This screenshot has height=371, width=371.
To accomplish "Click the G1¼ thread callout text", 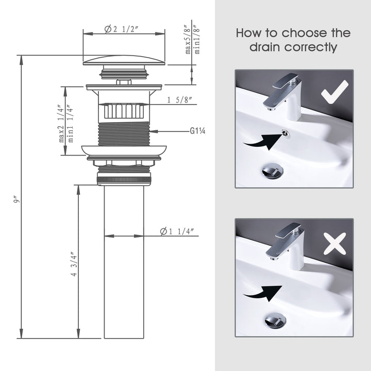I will tap(198, 132).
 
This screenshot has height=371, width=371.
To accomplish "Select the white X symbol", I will tap(334, 244).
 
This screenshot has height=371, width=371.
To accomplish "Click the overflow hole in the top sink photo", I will tap(286, 134).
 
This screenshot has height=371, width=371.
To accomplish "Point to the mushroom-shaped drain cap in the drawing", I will tap(124, 60).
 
